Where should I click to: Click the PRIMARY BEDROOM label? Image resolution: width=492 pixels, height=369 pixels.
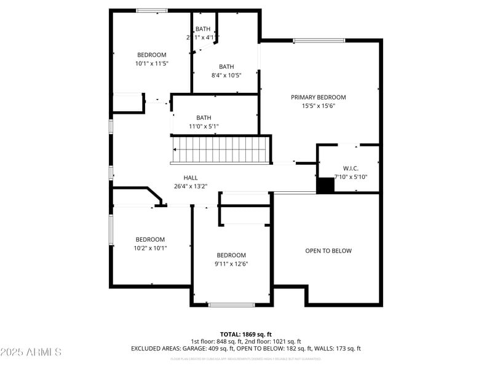319,97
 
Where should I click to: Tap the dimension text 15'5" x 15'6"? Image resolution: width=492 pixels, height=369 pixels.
319,106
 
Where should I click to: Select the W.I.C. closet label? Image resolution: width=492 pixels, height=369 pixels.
351,169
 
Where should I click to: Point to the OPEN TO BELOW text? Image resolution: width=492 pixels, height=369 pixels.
328,251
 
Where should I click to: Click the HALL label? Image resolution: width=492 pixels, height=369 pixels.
191,178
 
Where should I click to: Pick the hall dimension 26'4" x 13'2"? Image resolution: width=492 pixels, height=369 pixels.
191,186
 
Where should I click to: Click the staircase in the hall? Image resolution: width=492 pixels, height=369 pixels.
221,150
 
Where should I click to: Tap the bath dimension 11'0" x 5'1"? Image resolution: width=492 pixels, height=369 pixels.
204,127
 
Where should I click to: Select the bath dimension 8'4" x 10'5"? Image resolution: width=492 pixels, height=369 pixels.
226,75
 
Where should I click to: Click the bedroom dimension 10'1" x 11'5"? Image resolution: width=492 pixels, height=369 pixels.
151,63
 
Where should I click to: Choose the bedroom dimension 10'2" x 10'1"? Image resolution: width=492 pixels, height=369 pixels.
151,248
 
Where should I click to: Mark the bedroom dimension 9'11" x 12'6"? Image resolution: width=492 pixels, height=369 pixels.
231,264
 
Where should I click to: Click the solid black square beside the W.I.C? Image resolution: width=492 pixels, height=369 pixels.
325,186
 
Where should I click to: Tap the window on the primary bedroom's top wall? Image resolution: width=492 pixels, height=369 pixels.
319,41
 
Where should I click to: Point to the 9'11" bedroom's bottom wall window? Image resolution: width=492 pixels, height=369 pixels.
232,304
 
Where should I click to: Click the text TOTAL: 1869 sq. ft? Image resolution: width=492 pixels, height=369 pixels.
246,334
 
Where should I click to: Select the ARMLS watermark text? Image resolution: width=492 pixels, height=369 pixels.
31,352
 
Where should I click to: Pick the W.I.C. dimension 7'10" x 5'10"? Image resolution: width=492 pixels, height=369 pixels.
351,177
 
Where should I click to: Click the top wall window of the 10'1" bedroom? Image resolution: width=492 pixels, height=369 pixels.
151,10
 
